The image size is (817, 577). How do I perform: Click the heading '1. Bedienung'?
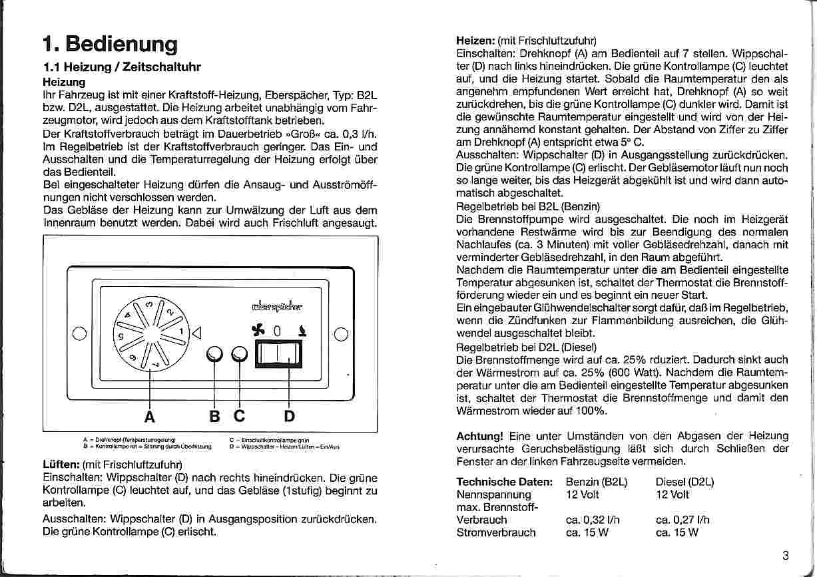[110, 45]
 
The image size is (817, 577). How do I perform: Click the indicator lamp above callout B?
[214, 355]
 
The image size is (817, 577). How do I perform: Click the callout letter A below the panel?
[150, 417]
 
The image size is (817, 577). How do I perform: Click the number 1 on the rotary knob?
[180, 331]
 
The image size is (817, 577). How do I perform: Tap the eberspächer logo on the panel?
[277, 307]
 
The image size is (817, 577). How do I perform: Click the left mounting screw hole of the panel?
[78, 334]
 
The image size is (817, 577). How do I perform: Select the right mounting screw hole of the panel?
[342, 334]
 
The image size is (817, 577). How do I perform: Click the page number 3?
[786, 556]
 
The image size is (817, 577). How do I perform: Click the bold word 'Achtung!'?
[479, 436]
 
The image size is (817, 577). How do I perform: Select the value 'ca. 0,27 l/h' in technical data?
[682, 520]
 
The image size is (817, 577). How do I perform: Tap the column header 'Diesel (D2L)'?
[684, 482]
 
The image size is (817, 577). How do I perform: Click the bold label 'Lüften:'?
[61, 465]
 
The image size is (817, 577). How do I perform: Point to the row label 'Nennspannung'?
[494, 494]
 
